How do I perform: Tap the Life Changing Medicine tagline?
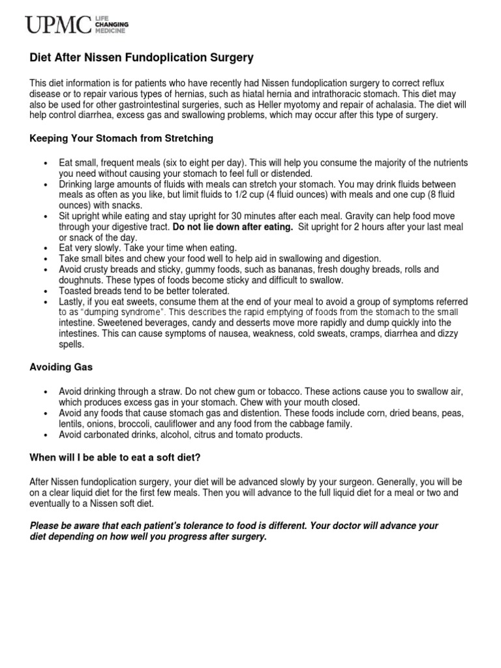point(112,25)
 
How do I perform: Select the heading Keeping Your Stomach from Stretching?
point(121,139)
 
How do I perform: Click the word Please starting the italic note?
point(46,526)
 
